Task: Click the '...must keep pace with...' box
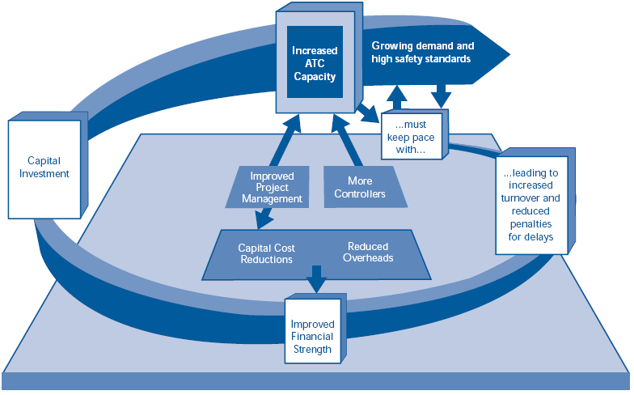[x=413, y=135]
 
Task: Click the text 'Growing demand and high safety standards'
[x=422, y=53]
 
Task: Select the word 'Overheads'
[x=368, y=259]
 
